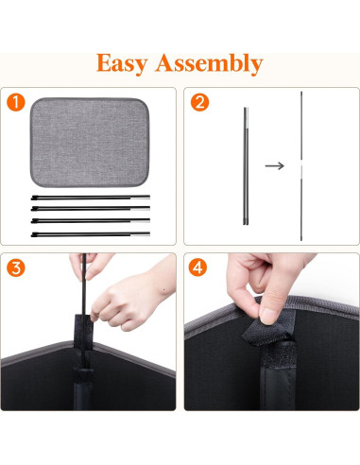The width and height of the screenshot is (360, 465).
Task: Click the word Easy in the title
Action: [x=129, y=63]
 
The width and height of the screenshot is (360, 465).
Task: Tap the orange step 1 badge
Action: [x=16, y=102]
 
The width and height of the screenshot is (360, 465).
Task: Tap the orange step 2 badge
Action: [x=198, y=102]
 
